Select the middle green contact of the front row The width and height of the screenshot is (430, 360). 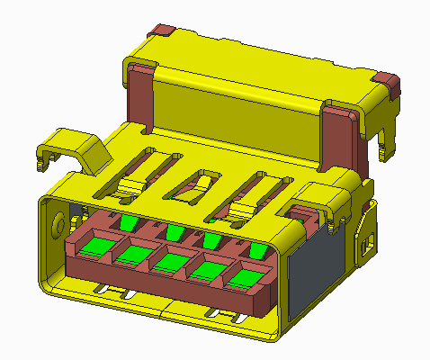coord(170,262)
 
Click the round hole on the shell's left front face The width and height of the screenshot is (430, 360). coord(60,221)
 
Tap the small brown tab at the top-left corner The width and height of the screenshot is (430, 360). coord(163,31)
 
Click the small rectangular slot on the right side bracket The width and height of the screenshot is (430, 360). coord(365,241)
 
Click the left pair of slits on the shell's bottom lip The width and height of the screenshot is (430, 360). coord(115,292)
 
